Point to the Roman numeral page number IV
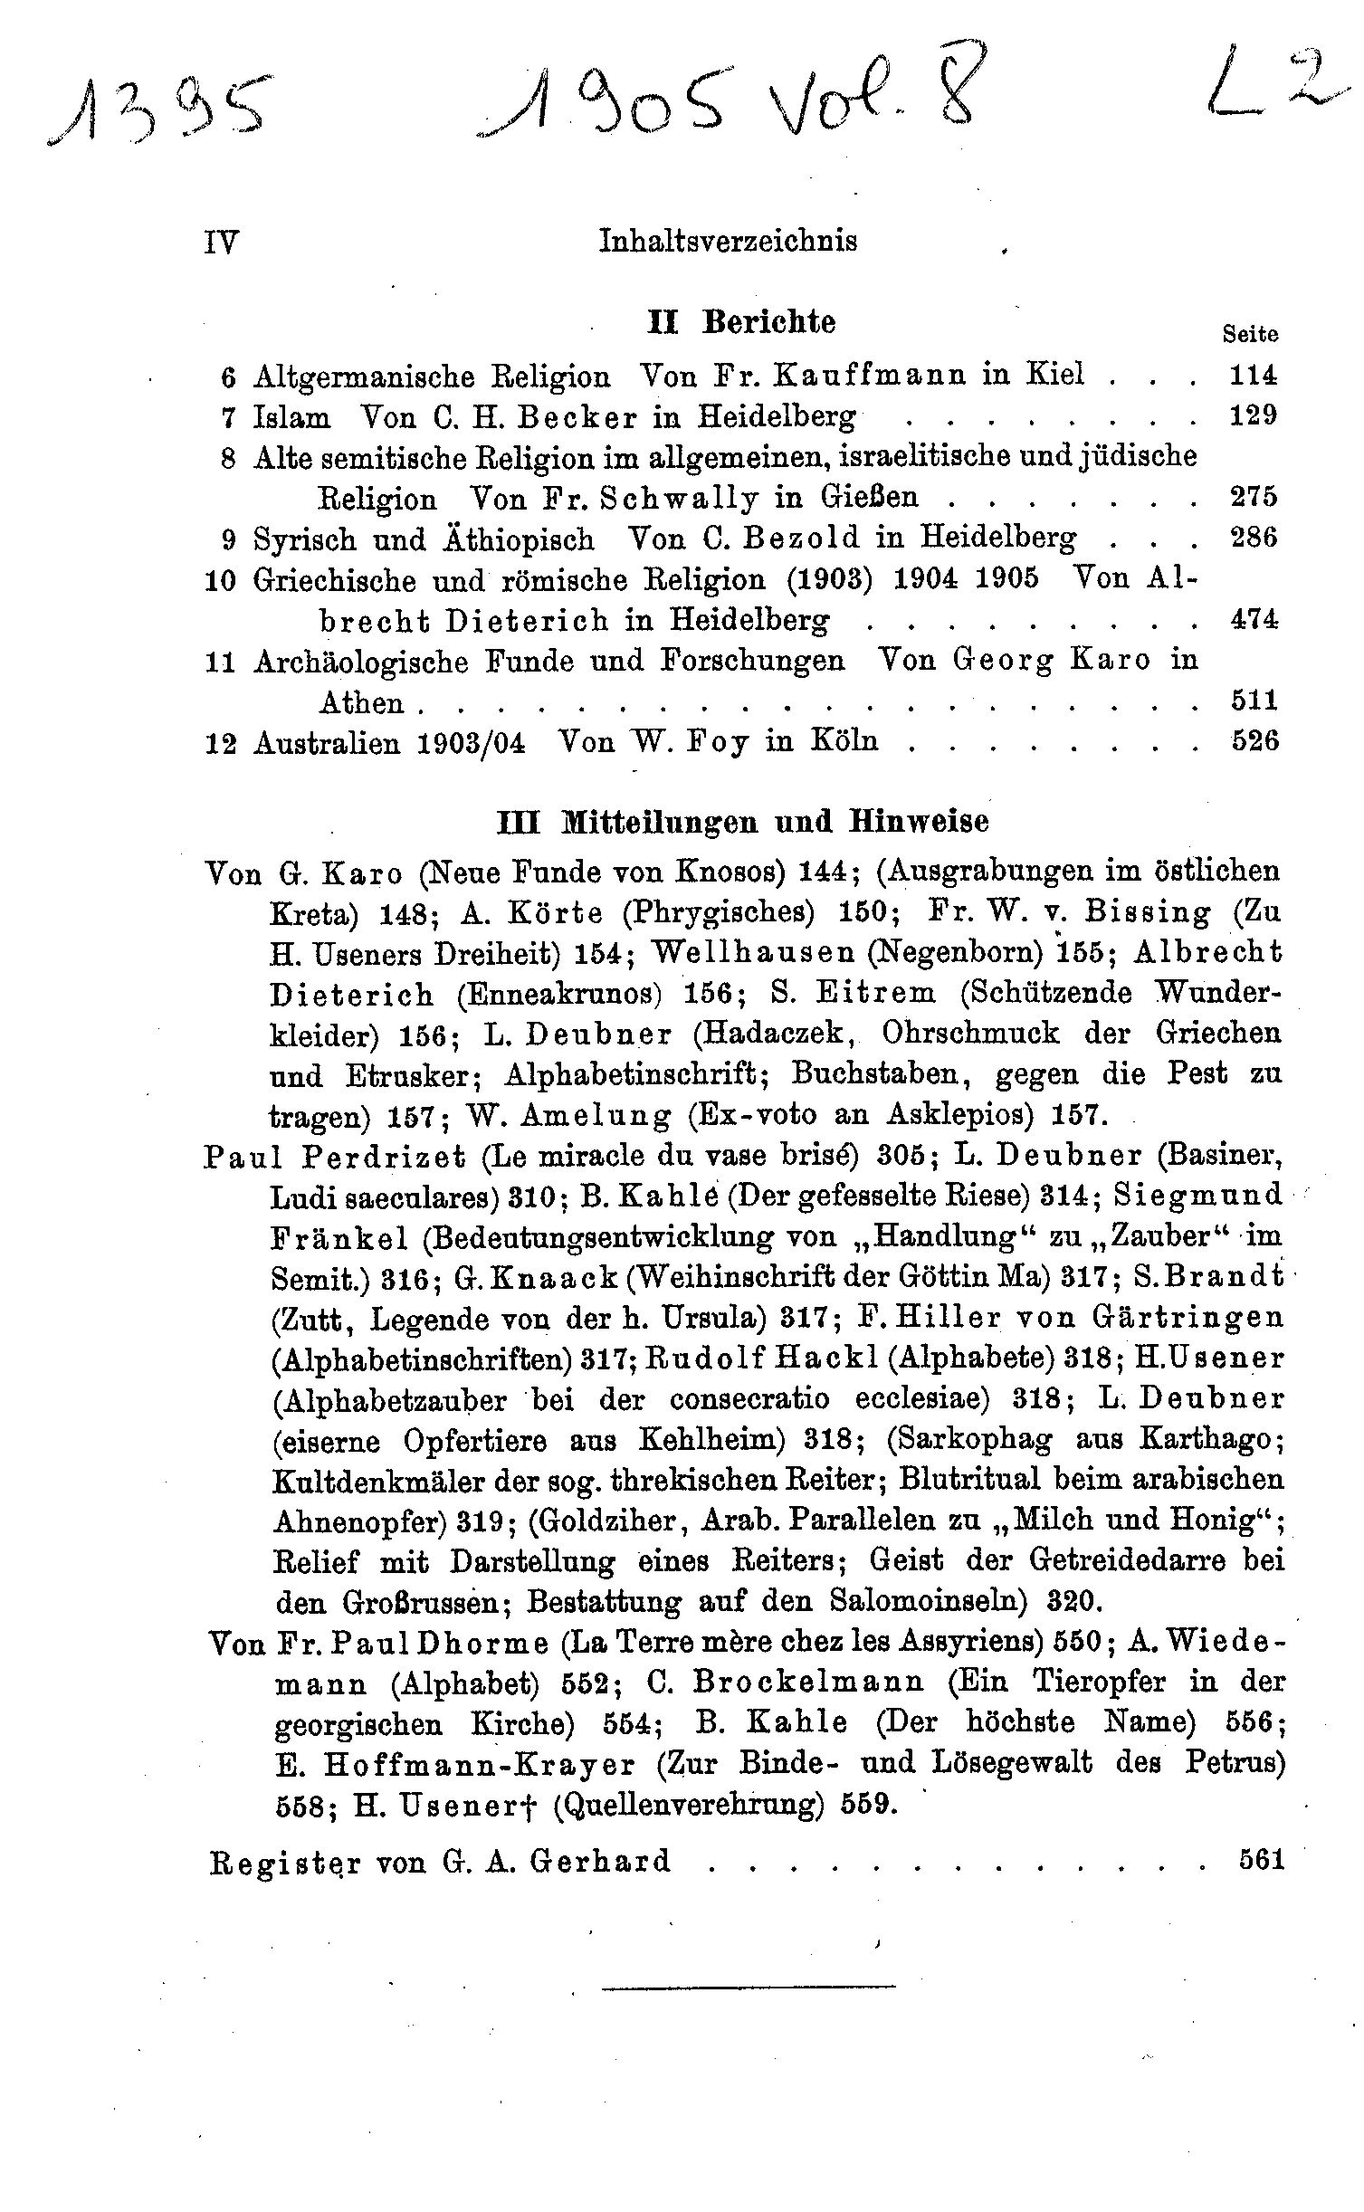tap(222, 243)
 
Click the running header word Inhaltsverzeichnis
tap(728, 241)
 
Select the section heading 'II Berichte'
tap(741, 322)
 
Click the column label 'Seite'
tap(1250, 334)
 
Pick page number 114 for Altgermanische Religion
tap(1254, 374)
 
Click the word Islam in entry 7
tap(292, 416)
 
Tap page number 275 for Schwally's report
tap(1254, 497)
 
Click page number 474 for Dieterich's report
tap(1254, 620)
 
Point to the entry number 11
tap(221, 663)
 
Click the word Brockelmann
tap(808, 1683)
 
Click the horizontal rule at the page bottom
tap(748, 1987)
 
